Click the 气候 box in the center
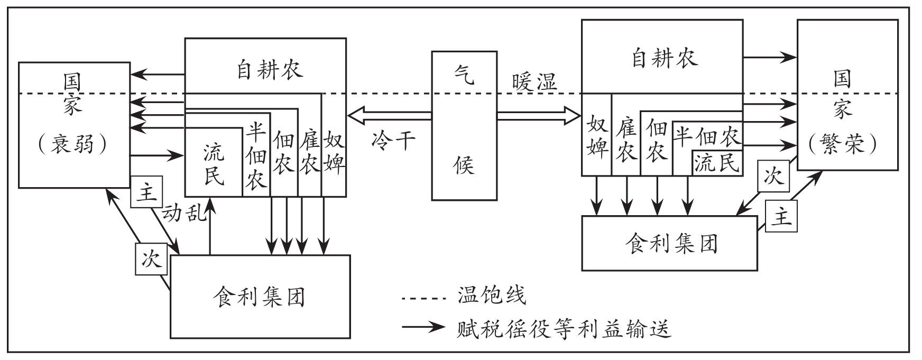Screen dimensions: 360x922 464,125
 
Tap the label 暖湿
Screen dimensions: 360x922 534,82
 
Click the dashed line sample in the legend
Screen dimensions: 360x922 425,299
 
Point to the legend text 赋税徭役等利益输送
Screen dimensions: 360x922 564,328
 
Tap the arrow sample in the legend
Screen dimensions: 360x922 425,327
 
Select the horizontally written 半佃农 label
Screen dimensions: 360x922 707,136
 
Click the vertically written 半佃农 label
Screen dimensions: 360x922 256,158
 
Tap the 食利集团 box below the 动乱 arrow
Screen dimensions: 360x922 260,297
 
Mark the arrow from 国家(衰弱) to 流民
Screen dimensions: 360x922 156,155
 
